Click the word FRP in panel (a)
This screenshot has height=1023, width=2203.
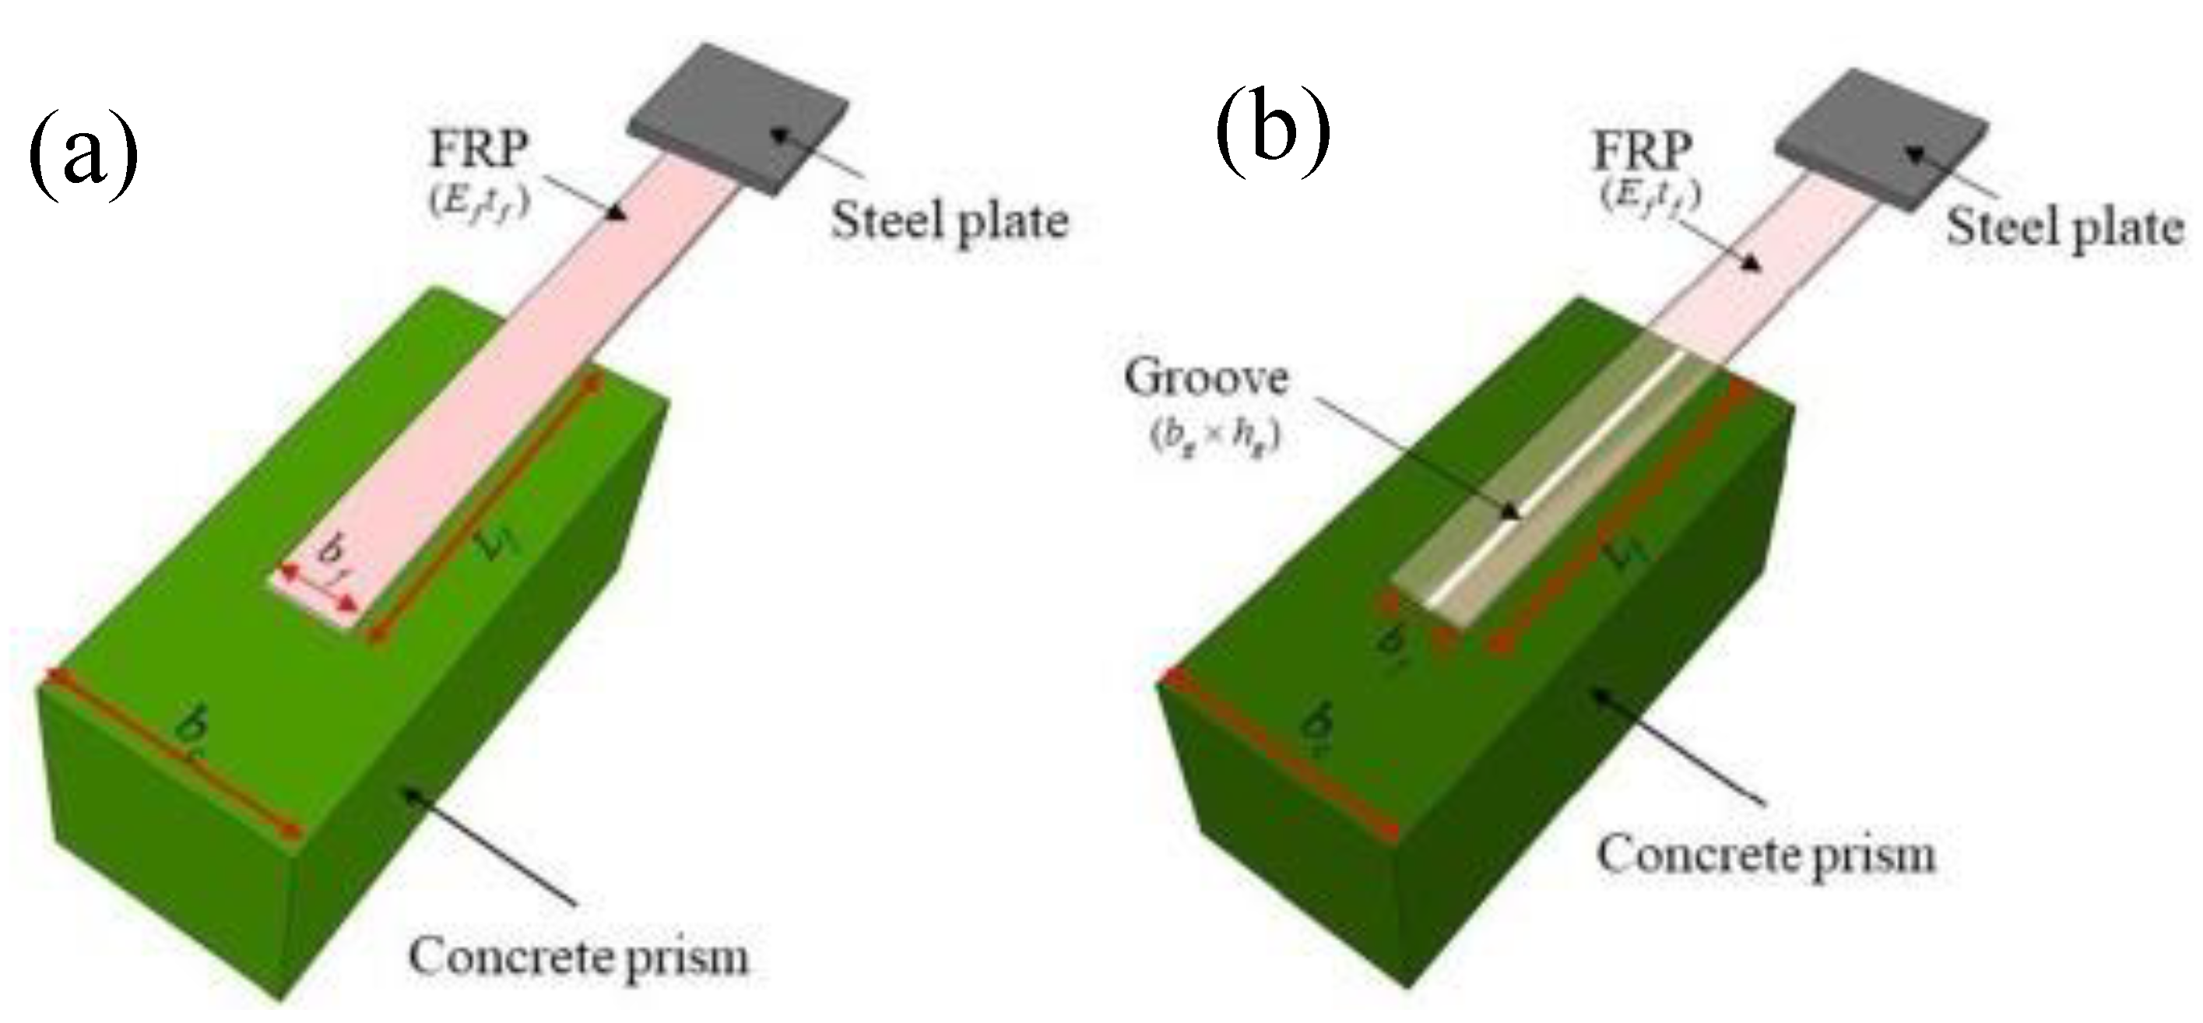(x=479, y=149)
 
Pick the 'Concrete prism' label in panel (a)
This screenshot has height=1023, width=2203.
(x=578, y=956)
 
